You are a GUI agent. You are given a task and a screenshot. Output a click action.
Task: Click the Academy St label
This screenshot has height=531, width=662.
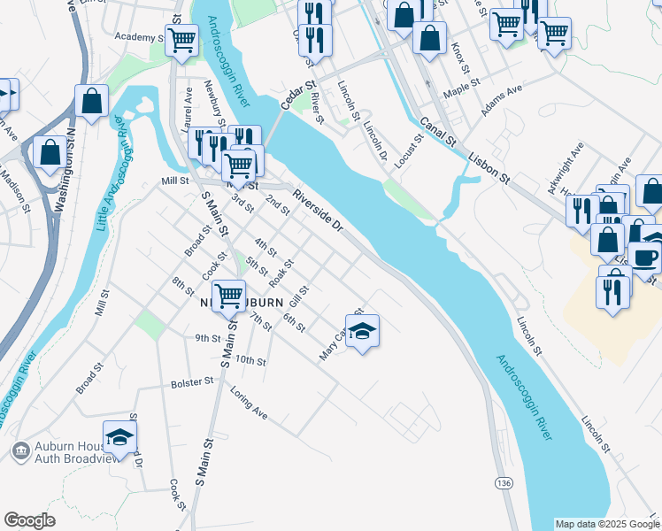140,37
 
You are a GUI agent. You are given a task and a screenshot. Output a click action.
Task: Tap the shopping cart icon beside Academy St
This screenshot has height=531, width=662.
181,39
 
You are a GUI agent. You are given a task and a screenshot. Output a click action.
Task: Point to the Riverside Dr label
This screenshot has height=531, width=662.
318,212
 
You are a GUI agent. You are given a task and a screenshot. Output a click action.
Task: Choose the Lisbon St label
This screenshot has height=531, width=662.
490,165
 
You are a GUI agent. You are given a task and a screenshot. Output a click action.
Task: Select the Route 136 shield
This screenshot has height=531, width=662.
503,482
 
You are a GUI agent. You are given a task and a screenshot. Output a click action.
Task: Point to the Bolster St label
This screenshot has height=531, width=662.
192,382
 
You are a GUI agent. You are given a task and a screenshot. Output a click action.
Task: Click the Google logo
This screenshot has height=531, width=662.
30,519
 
